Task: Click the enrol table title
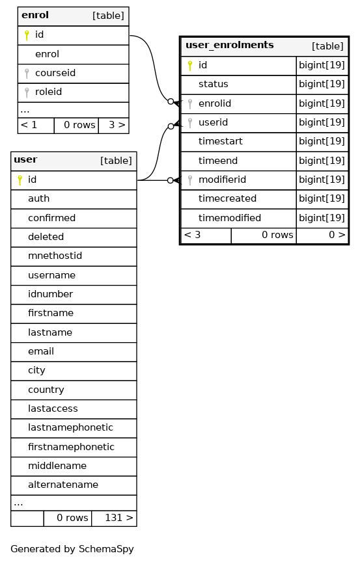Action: click(35, 15)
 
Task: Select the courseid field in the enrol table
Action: click(55, 73)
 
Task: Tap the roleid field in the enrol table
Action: click(48, 92)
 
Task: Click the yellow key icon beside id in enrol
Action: click(27, 35)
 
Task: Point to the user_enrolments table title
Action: click(230, 45)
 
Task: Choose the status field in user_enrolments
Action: click(214, 84)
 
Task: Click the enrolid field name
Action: click(215, 103)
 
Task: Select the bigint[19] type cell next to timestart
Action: click(322, 142)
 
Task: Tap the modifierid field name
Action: click(222, 180)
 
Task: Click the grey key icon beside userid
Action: click(190, 123)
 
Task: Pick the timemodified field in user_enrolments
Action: click(230, 218)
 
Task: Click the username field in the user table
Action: click(51, 275)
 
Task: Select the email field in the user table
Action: click(41, 351)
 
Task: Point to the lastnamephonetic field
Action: click(71, 427)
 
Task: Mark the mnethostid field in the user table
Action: click(55, 256)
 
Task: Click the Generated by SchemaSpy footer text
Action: click(72, 549)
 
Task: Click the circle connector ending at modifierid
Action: click(171, 180)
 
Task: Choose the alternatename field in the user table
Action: click(63, 485)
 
